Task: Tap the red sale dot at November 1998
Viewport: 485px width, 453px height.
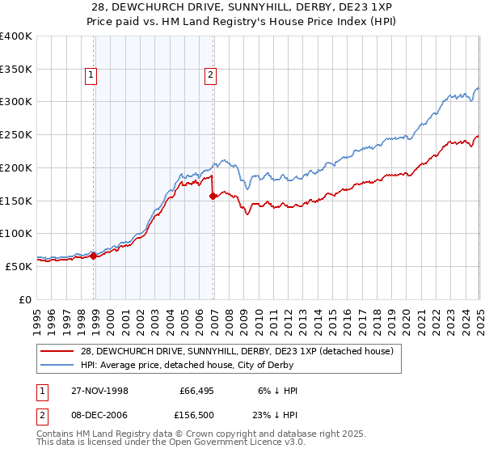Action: click(x=94, y=256)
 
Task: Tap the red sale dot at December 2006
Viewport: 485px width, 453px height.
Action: click(x=213, y=196)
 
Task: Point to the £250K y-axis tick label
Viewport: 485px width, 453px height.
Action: click(x=16, y=134)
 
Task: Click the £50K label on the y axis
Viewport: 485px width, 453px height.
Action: click(x=19, y=265)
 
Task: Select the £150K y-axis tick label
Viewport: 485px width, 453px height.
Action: click(x=16, y=200)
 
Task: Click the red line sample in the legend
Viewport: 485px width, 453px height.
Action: click(x=58, y=351)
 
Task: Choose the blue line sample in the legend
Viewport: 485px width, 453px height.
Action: click(x=58, y=366)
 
